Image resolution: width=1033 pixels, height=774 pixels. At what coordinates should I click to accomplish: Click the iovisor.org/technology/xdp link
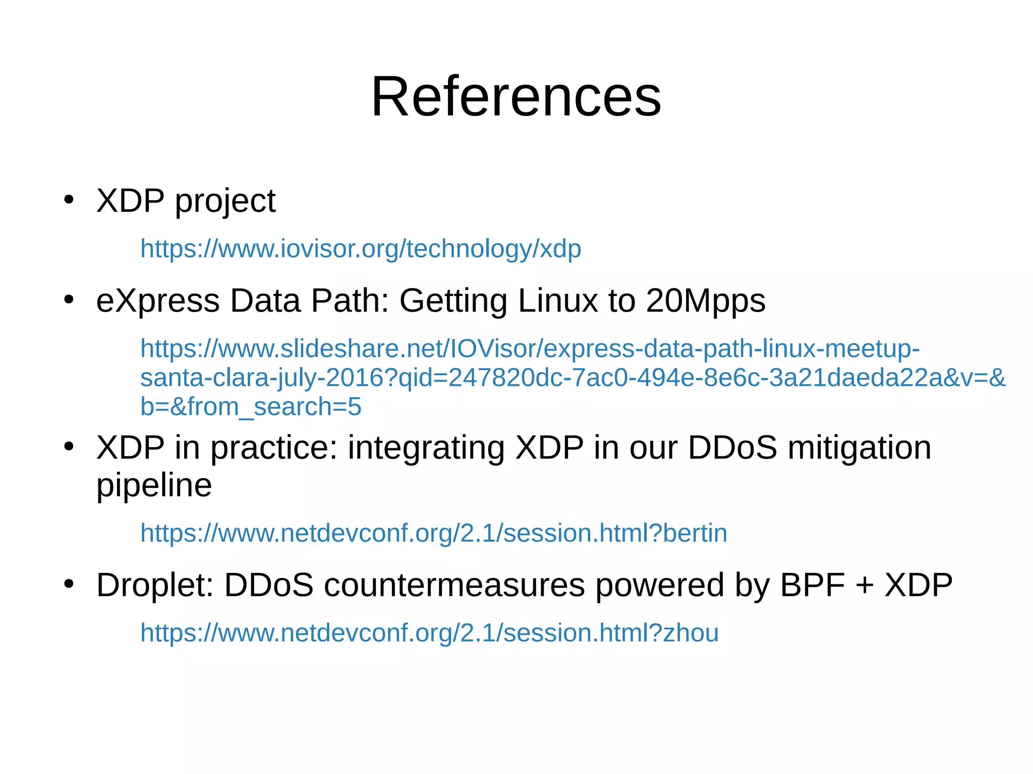[361, 249]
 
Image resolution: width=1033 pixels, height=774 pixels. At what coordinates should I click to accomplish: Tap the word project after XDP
[225, 201]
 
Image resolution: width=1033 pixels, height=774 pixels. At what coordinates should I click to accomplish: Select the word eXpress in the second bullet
[158, 301]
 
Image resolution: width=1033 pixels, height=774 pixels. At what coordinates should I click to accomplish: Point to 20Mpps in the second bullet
[705, 301]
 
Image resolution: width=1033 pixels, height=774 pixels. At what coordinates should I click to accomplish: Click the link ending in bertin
[434, 533]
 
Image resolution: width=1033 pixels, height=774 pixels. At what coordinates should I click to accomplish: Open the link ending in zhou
[429, 633]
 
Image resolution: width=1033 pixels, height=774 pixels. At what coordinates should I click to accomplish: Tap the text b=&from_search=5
[251, 406]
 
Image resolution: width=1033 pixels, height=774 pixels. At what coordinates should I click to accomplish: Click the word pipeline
[154, 486]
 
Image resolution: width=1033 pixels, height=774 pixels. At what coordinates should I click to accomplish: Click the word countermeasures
[454, 585]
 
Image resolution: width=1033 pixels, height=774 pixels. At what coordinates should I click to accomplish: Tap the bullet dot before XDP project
[69, 200]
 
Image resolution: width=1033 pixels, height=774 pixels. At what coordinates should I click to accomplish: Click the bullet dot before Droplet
[69, 584]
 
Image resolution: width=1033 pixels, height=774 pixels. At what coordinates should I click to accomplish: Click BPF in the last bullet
[812, 585]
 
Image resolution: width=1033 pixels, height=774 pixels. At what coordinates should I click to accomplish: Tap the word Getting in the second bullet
[453, 301]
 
